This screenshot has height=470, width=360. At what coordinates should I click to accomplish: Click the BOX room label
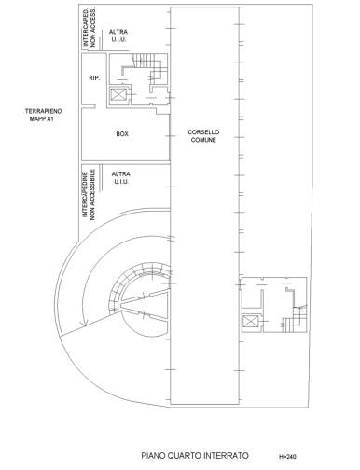pyautogui.click(x=122, y=134)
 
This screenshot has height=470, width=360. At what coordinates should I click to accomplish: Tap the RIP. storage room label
pyautogui.click(x=94, y=78)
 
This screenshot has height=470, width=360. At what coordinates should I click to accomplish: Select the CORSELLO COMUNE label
pyautogui.click(x=203, y=136)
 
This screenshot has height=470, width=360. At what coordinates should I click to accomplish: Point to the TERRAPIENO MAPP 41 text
pyautogui.click(x=44, y=115)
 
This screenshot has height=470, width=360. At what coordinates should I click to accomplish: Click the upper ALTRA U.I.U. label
pyautogui.click(x=118, y=35)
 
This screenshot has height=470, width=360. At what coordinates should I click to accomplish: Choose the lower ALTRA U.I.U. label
pyautogui.click(x=120, y=178)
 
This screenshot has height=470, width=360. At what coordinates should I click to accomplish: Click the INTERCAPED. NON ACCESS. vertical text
pyautogui.click(x=90, y=27)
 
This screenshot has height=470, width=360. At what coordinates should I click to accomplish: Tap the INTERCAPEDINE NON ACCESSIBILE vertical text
pyautogui.click(x=89, y=195)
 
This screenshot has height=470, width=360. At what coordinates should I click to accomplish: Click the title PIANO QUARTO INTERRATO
pyautogui.click(x=195, y=456)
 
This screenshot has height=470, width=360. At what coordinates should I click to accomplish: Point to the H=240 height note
pyautogui.click(x=287, y=457)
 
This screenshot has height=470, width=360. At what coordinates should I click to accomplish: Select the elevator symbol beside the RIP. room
pyautogui.click(x=118, y=94)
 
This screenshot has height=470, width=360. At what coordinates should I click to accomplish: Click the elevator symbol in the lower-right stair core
pyautogui.click(x=250, y=322)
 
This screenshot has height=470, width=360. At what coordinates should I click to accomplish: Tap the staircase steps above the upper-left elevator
pyautogui.click(x=146, y=61)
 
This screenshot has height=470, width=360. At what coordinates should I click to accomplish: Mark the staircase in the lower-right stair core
pyautogui.click(x=295, y=320)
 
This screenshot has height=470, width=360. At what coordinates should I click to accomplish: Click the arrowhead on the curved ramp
pyautogui.click(x=83, y=325)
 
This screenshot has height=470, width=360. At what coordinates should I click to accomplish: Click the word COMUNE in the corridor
pyautogui.click(x=203, y=140)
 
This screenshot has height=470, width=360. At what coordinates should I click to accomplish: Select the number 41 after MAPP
pyautogui.click(x=51, y=118)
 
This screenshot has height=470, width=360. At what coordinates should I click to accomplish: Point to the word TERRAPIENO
pyautogui.click(x=44, y=111)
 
